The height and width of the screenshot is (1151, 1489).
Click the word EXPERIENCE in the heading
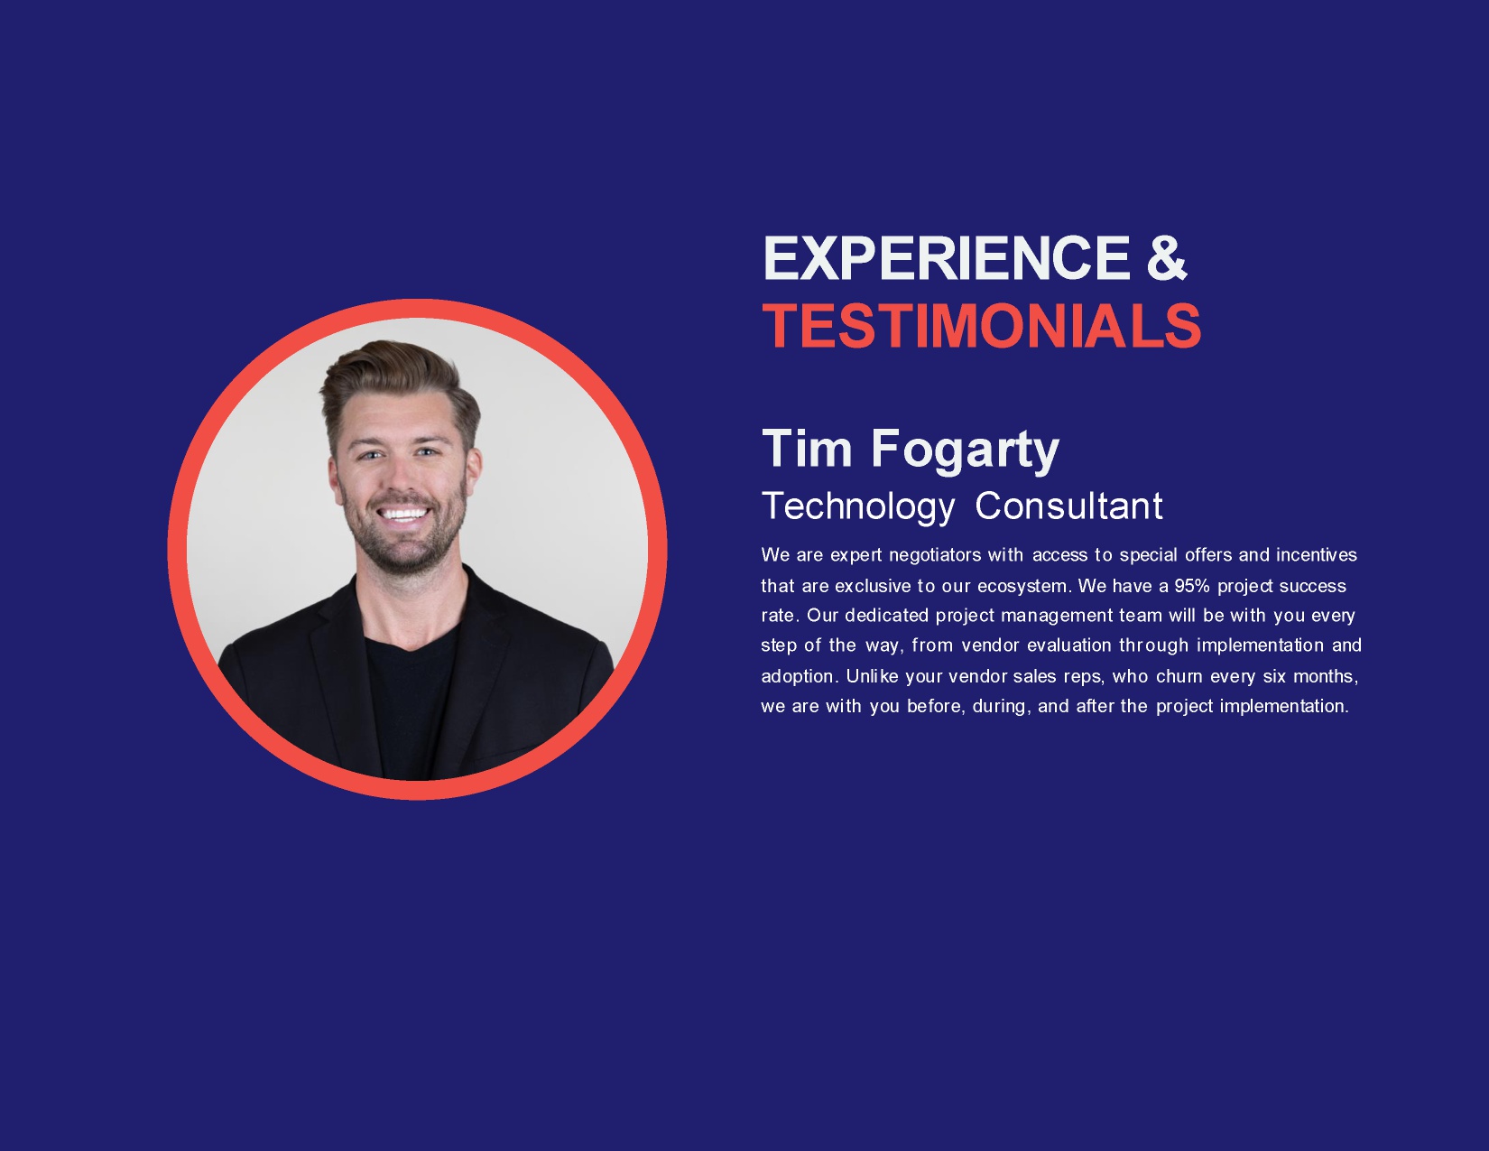coord(947,258)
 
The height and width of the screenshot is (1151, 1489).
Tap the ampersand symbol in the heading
coord(1166,258)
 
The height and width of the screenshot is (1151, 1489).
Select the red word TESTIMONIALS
coord(982,326)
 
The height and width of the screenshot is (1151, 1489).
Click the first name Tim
coord(807,449)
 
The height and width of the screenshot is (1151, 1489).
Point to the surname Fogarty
coord(965,451)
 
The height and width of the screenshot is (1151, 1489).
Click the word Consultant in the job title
coord(1069,506)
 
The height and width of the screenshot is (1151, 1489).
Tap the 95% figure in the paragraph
coord(1192,586)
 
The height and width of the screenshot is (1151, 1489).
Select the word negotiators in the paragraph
coord(935,555)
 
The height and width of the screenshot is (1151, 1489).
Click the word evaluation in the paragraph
coord(1069,645)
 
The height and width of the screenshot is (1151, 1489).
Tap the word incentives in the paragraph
coord(1317,555)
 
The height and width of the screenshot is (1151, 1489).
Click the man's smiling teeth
coord(403,514)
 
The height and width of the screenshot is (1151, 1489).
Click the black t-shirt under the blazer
coord(412,706)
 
